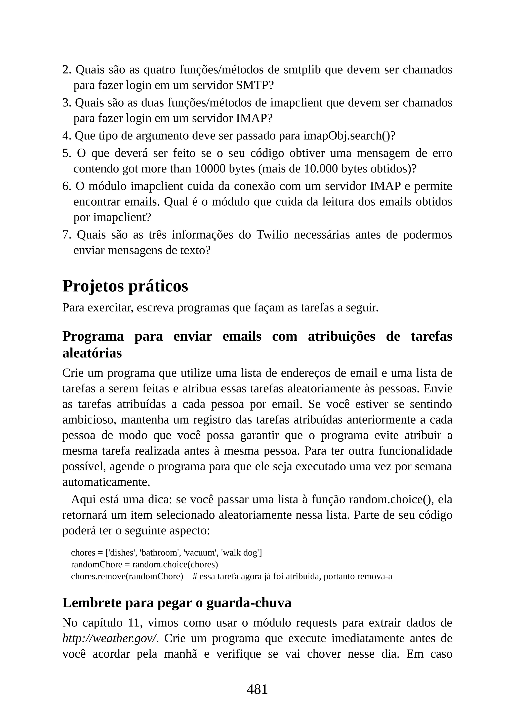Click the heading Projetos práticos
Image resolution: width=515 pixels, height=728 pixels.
(x=125, y=286)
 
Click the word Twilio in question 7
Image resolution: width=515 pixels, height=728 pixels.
(x=272, y=235)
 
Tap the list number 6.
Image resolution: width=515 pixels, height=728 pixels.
(x=67, y=186)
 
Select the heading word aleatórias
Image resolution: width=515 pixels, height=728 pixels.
(x=92, y=353)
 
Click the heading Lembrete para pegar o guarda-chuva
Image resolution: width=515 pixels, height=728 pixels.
(x=177, y=603)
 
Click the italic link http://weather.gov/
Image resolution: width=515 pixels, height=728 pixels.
(x=110, y=638)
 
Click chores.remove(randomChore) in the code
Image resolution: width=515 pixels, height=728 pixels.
(x=127, y=576)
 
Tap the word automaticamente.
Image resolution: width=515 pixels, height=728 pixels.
(x=106, y=482)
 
